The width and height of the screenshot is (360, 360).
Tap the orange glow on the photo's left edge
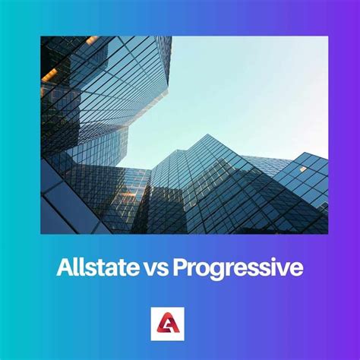(49, 75)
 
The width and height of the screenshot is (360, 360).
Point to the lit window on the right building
(303, 169)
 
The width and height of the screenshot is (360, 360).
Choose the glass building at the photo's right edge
(308, 190)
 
